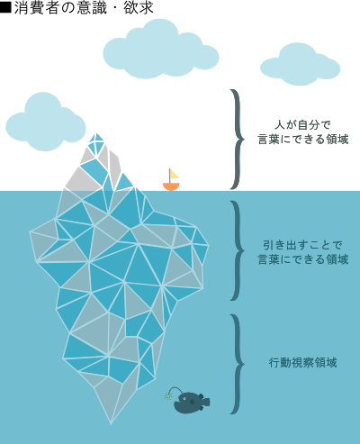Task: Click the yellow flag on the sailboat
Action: (174, 174)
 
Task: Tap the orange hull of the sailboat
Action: (171, 186)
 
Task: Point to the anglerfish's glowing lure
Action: (168, 396)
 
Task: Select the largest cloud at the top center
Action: (161, 49)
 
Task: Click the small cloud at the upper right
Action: (300, 65)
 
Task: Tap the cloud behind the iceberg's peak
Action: (46, 122)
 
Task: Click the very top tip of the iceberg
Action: (97, 133)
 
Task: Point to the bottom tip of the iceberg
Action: (111, 423)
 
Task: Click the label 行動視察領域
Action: (302, 363)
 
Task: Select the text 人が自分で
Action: (302, 124)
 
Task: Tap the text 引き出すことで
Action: (302, 245)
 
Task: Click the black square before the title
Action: (5, 7)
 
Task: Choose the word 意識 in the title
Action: (91, 7)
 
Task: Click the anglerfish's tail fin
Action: (206, 402)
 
